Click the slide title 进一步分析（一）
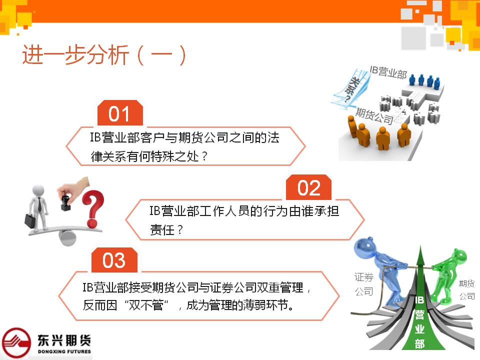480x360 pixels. (x=104, y=55)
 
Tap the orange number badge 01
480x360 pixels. (x=120, y=113)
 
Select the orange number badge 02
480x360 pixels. (x=308, y=187)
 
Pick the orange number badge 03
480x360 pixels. (x=114, y=260)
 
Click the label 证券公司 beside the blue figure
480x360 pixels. (x=364, y=284)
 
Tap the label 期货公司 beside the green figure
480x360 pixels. (x=467, y=289)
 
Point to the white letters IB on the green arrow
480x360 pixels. (x=419, y=300)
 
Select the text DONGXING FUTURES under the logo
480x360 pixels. (x=64, y=351)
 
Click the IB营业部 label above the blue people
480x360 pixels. (x=388, y=72)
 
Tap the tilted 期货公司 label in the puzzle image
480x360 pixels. (x=374, y=115)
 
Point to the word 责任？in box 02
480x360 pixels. (x=166, y=229)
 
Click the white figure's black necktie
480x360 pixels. (x=40, y=204)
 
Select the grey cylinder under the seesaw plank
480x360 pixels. (x=67, y=237)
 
